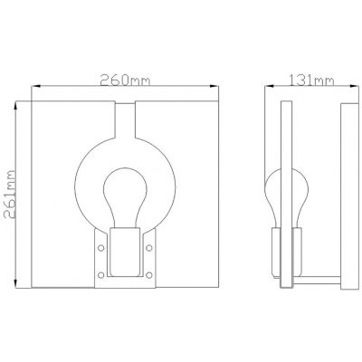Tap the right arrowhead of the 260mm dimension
tap(218, 88)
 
